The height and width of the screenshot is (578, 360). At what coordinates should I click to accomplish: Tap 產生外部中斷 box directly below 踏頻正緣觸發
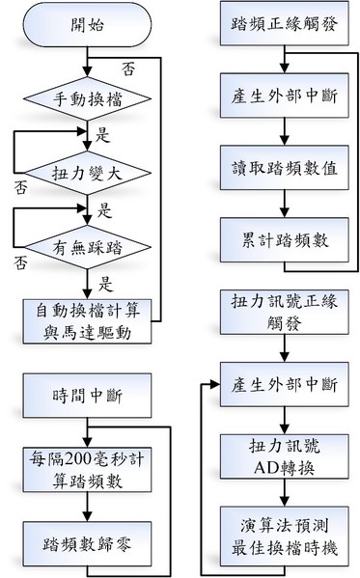281,100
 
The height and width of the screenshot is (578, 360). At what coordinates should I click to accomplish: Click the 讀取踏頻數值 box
281,169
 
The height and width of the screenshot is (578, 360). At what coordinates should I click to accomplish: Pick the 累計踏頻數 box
281,237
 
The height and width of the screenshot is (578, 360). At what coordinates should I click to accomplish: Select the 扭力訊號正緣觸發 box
281,312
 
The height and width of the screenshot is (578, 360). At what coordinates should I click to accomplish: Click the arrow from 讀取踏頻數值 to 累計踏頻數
281,203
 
